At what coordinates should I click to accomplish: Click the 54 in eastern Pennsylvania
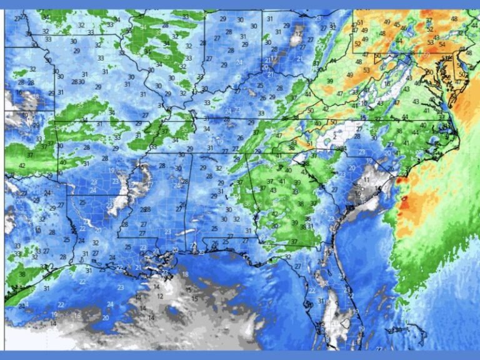click(442, 44)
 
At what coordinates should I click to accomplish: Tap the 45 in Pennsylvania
click(396, 24)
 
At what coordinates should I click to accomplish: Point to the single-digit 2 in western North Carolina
click(335, 135)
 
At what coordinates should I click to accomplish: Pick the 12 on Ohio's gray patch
click(298, 34)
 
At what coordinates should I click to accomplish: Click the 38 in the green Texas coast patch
click(22, 274)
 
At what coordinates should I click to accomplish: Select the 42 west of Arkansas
click(22, 166)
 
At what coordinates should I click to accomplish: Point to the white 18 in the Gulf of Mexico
click(185, 274)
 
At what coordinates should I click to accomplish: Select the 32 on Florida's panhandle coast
click(287, 257)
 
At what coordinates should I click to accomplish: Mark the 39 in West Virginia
click(329, 81)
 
